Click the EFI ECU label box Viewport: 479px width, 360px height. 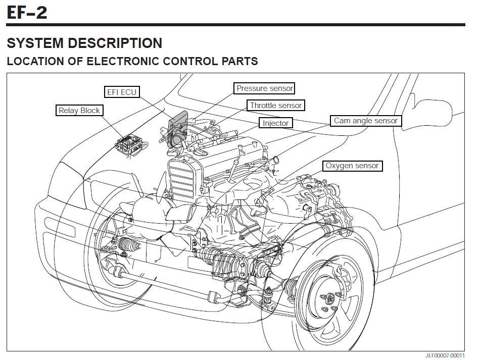[122, 92]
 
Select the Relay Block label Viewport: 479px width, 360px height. [79, 111]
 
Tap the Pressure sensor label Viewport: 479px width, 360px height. [265, 88]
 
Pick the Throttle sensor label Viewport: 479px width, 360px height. [276, 106]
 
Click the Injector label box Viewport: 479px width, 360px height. [276, 123]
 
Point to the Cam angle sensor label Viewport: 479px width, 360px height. [366, 121]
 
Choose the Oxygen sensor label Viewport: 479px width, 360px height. [352, 166]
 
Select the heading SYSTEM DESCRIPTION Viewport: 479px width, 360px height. [84, 43]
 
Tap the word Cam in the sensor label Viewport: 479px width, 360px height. [342, 121]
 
